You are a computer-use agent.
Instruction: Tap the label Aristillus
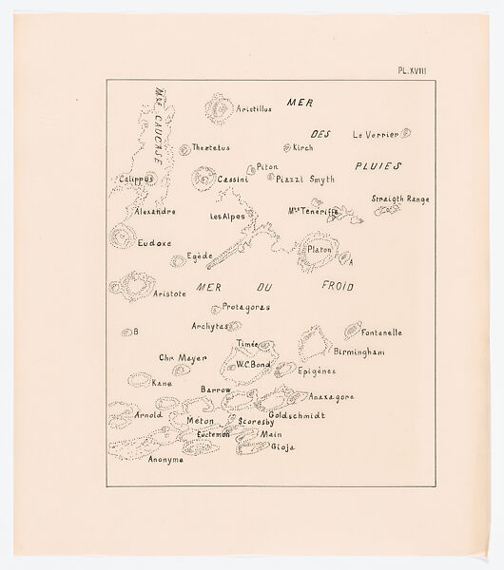coord(254,109)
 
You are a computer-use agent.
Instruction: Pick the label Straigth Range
coord(399,199)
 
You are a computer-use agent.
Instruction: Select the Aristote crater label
coord(171,294)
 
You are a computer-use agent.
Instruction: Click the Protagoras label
coord(245,307)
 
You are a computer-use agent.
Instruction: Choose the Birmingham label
coord(357,351)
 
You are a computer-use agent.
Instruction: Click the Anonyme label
coord(165,460)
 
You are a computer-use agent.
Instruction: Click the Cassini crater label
coord(232,180)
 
